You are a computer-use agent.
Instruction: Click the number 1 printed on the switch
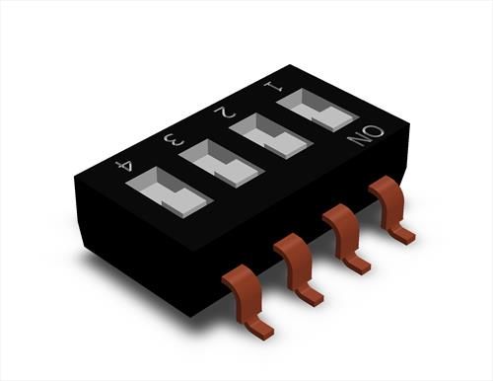click(273, 86)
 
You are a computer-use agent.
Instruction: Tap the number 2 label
click(225, 113)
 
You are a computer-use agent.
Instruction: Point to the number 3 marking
click(174, 140)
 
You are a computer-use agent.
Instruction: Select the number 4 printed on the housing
click(125, 166)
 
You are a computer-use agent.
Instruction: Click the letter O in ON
click(374, 130)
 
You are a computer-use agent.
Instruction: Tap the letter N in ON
click(357, 140)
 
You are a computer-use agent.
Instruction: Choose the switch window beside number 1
click(317, 110)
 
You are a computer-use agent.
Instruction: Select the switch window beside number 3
click(222, 164)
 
